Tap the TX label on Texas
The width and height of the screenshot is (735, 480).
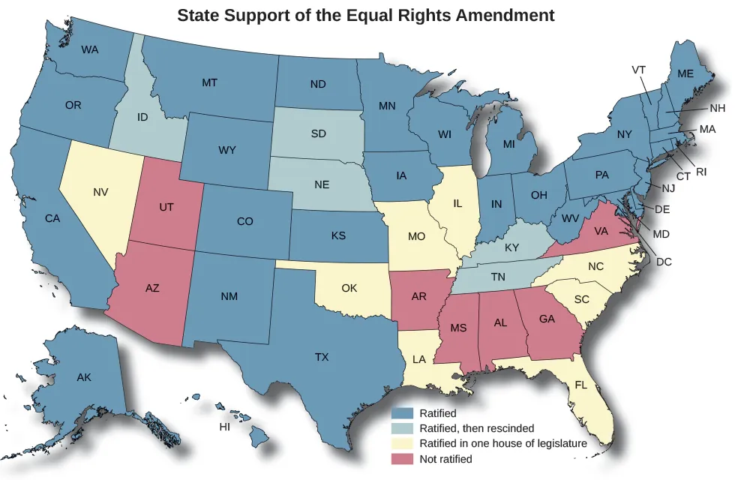pos(322,357)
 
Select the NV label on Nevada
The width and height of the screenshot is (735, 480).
pos(100,193)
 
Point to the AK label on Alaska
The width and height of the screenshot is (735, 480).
pos(84,377)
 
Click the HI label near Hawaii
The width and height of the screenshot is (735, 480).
pos(224,427)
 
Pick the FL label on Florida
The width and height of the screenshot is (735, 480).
pos(581,385)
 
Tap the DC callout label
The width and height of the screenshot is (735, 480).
pos(664,262)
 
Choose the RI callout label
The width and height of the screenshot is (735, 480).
pos(701,172)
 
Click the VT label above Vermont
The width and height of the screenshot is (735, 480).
pos(639,70)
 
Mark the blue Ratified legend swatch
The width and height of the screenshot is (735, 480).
pos(403,413)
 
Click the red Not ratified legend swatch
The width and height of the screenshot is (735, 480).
pos(403,458)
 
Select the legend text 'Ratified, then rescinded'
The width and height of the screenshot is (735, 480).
pos(477,428)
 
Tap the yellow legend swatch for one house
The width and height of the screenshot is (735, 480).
pos(403,443)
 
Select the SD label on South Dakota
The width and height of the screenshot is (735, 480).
pos(319,134)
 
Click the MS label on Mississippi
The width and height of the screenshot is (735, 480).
pos(459,328)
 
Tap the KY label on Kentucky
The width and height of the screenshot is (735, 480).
pos(511,247)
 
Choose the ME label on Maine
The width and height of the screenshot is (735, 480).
pos(685,73)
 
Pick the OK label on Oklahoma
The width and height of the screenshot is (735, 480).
pos(349,288)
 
